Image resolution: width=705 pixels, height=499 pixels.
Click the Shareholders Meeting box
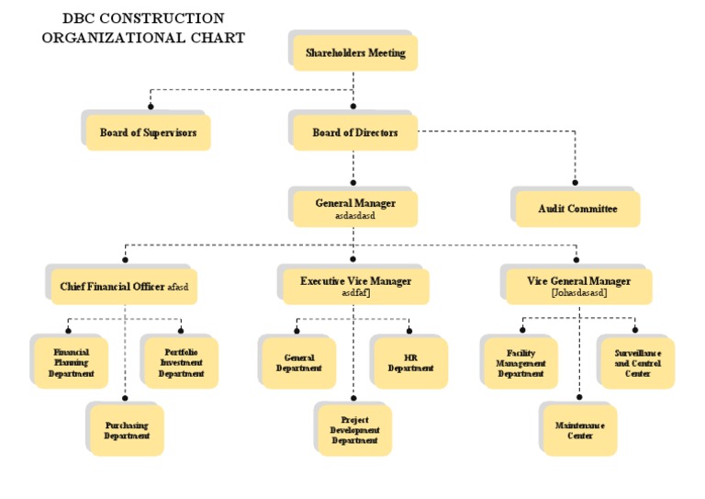(355, 53)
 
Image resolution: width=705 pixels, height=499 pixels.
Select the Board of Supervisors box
(148, 133)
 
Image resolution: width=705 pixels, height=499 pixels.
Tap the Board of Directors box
(355, 133)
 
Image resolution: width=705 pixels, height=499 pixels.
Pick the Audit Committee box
(577, 210)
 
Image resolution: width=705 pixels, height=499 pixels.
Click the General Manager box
(355, 209)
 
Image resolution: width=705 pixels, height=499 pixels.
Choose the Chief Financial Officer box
(124, 287)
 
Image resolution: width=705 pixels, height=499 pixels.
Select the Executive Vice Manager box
(355, 286)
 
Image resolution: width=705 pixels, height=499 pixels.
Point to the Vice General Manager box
(579, 286)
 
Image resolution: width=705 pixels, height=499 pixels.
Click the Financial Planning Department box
(71, 363)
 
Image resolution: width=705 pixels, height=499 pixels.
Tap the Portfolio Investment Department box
(181, 363)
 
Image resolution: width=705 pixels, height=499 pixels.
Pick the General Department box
(299, 363)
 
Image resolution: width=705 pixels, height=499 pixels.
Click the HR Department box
(410, 363)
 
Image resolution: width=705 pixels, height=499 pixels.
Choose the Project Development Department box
(354, 430)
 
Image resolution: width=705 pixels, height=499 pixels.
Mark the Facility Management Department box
(520, 363)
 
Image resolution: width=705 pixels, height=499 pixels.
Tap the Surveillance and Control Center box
(637, 363)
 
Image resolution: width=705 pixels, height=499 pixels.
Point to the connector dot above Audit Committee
(576, 182)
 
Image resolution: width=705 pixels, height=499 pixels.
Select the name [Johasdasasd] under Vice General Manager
(579, 293)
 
